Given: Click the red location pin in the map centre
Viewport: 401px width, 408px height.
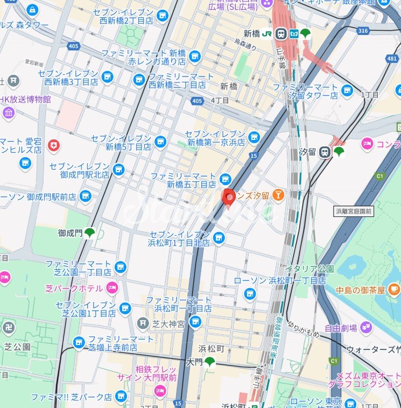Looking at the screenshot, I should [x=229, y=197].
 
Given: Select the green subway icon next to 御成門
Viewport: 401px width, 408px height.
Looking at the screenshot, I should [x=89, y=233].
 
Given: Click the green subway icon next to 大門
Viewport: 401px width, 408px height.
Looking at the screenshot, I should [x=209, y=362].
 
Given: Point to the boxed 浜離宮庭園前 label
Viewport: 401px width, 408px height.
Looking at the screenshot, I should [x=353, y=211].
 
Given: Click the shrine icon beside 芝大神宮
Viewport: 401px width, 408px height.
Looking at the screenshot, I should [x=143, y=323].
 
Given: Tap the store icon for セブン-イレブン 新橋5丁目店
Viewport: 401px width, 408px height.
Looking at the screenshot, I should [x=160, y=142].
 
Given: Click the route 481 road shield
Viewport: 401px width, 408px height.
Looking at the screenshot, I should [x=396, y=58].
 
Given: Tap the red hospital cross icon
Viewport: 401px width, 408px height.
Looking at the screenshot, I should [x=53, y=145].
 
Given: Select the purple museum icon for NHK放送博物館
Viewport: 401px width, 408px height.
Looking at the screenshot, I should [x=9, y=112].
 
